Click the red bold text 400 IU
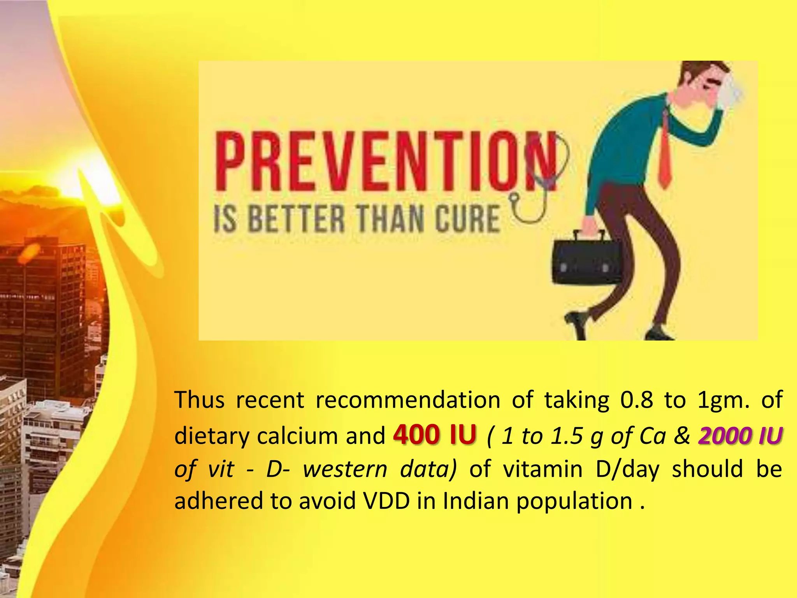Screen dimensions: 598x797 435,434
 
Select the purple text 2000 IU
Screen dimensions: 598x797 740,435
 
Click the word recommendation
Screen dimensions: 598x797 407,400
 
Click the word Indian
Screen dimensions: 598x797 476,501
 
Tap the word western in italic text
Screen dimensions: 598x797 345,469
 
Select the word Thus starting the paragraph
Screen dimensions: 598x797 199,400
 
